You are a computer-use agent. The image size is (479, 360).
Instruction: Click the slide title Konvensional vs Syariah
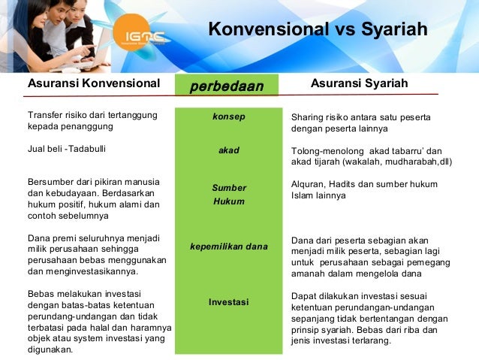click(318, 30)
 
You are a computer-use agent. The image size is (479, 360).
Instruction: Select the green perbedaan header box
click(227, 86)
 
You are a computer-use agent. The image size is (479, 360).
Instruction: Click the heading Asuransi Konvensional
click(94, 83)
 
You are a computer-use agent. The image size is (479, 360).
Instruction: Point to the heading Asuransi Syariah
click(359, 83)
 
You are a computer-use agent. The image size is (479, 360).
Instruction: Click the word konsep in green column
click(228, 117)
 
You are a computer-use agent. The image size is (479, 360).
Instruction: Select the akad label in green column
click(228, 150)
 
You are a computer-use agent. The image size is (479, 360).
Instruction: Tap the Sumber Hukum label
click(228, 195)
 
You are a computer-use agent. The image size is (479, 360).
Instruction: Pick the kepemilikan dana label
click(228, 246)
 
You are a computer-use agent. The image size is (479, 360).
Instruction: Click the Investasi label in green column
click(228, 302)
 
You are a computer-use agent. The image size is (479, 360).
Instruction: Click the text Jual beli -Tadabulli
click(67, 149)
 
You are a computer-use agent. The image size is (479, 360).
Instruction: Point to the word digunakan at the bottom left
click(49, 349)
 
